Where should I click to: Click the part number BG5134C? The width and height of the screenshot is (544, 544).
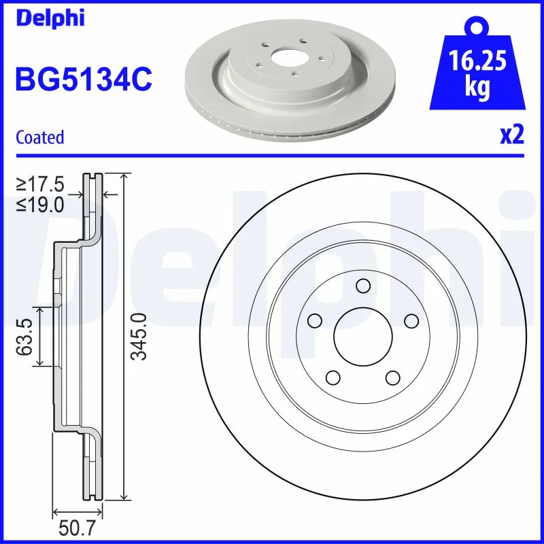pos(83,80)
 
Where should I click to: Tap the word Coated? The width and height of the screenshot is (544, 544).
pos(39,137)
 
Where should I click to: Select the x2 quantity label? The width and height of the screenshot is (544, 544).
pos(511,135)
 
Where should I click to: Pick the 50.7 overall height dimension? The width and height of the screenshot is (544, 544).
pos(77,528)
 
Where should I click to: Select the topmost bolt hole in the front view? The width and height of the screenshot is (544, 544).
pos(362,285)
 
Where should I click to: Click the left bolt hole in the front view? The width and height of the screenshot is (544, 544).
pos(313,320)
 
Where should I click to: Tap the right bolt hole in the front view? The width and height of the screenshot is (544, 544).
pos(411,320)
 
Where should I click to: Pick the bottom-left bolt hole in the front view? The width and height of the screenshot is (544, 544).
pos(333,377)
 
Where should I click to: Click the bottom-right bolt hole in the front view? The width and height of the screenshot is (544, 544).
pos(392,377)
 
